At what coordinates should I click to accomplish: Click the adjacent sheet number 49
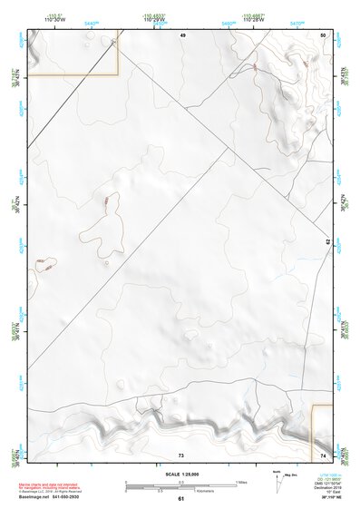tap(182, 34)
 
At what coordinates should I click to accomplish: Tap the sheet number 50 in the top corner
tap(323, 34)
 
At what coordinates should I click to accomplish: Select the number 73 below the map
tap(180, 454)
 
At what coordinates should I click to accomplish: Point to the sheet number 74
tap(323, 454)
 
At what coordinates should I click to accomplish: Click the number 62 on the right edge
tap(327, 242)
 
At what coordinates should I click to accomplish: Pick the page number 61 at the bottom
tap(180, 499)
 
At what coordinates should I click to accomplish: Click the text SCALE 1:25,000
tap(180, 474)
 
